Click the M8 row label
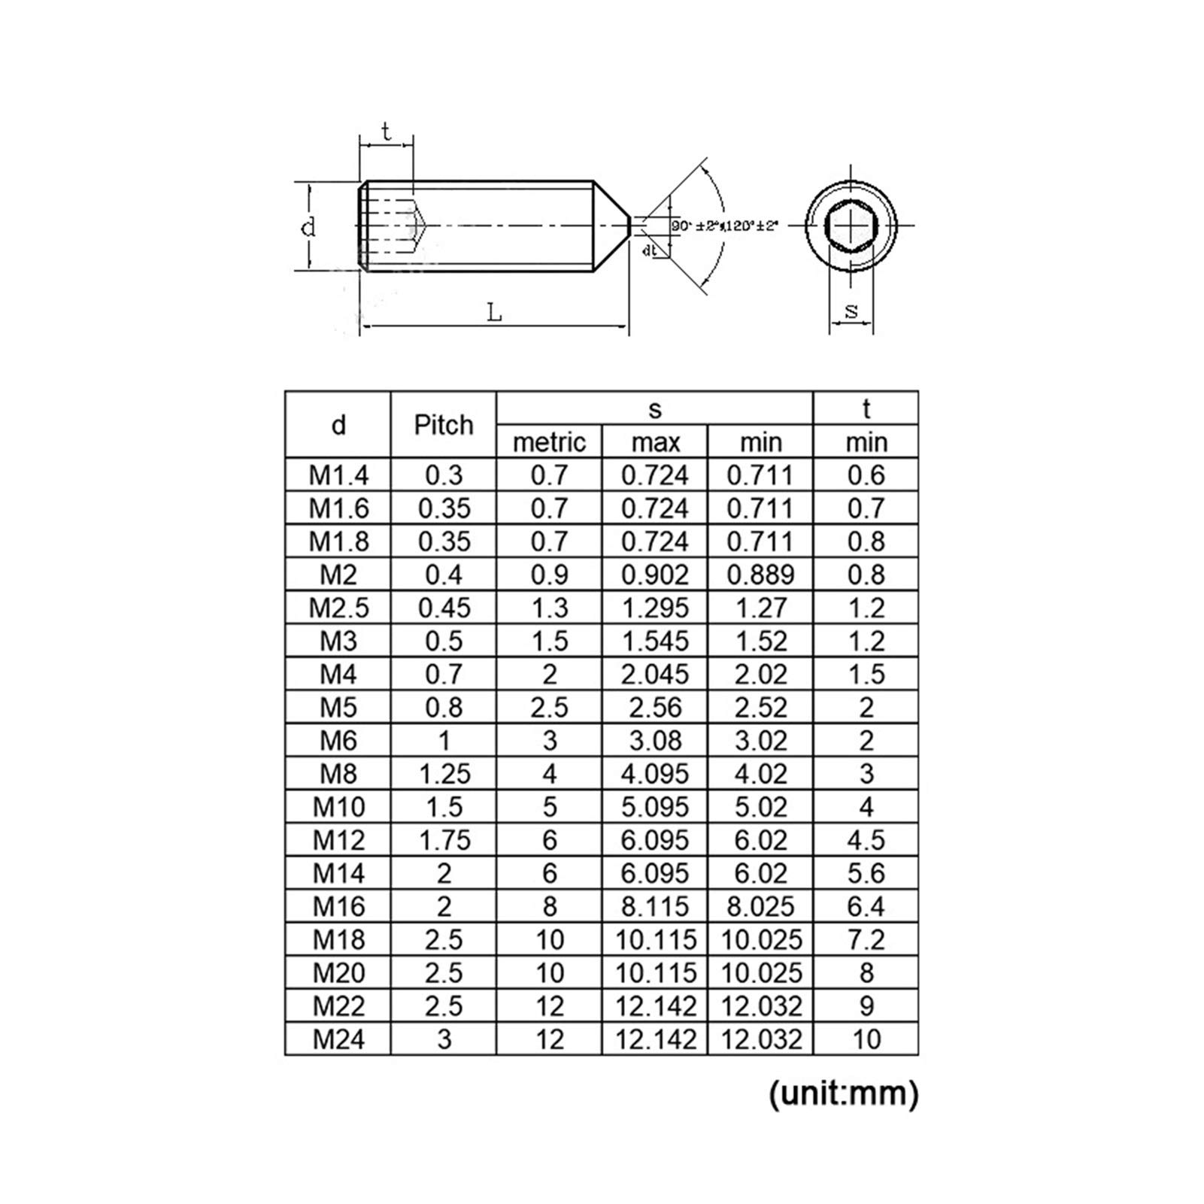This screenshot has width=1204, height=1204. [x=338, y=774]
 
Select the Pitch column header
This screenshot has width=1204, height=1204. [x=444, y=425]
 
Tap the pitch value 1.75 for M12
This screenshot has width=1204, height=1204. [x=444, y=840]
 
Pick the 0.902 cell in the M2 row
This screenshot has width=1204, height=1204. [x=655, y=575]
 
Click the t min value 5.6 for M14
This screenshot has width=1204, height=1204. [x=866, y=873]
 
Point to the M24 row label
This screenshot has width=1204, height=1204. [x=338, y=1039]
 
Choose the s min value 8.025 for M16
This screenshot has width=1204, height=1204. [x=760, y=907]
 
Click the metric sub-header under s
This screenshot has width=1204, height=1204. [x=549, y=442]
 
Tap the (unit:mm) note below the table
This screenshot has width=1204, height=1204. [x=843, y=1093]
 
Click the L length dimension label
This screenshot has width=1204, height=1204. [x=494, y=311]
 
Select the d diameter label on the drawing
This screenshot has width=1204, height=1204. [x=308, y=226]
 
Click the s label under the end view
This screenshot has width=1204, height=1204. [x=851, y=310]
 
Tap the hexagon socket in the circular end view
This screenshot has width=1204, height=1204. [x=851, y=225]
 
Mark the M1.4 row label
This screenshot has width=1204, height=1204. [x=338, y=475]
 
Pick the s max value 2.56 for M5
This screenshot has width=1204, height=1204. [x=655, y=708]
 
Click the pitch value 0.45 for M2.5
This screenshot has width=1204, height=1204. [x=444, y=608]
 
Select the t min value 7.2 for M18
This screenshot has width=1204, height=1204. [x=866, y=940]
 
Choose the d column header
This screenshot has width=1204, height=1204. [x=338, y=425]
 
